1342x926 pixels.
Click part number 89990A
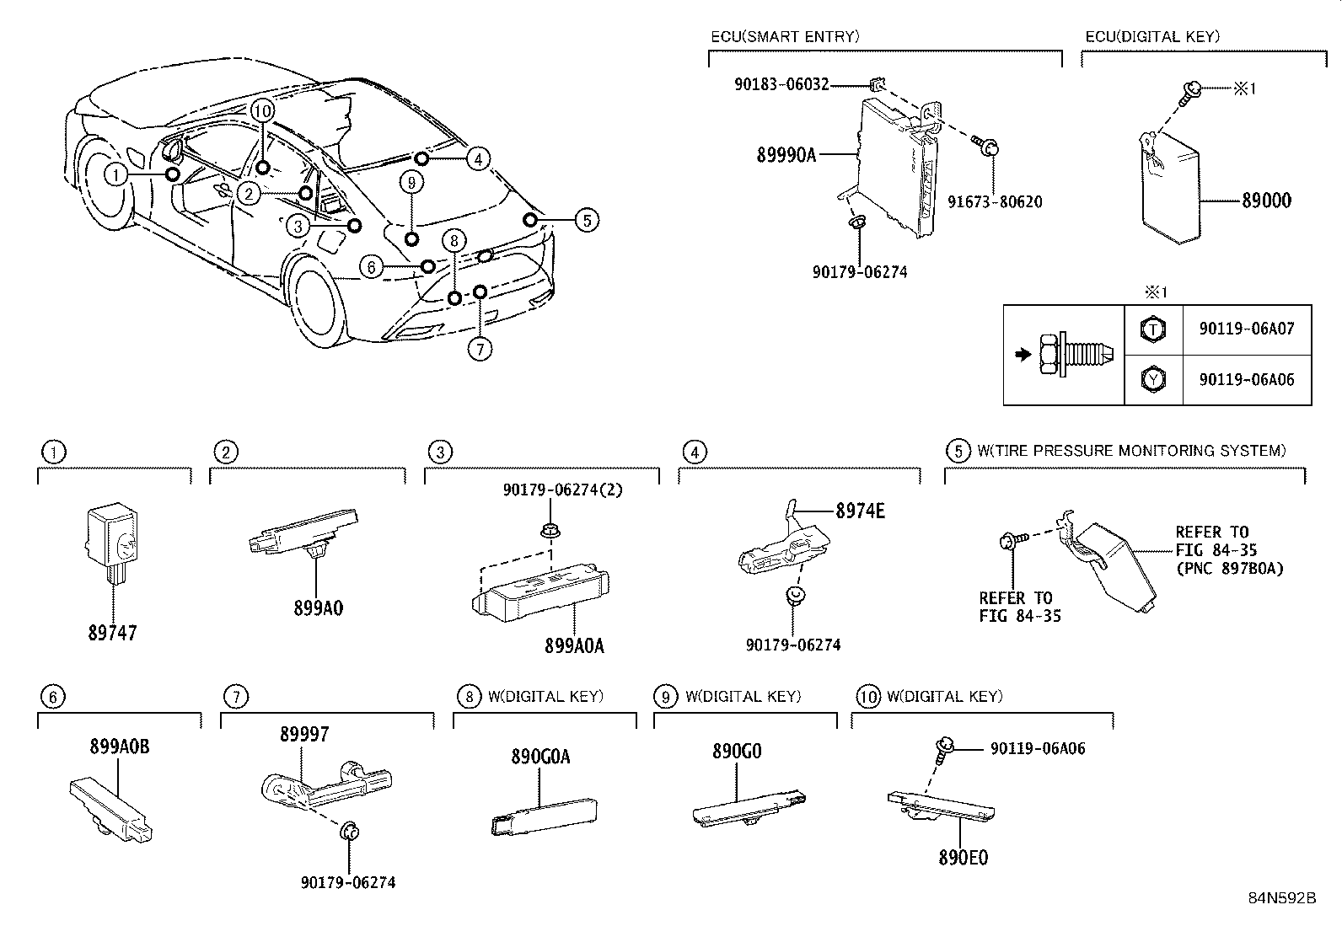pyautogui.click(x=786, y=155)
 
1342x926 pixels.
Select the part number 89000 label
pyautogui.click(x=1265, y=201)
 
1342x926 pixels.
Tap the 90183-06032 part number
pyautogui.click(x=781, y=84)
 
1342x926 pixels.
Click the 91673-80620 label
pyautogui.click(x=994, y=202)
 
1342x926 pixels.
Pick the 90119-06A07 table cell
pyautogui.click(x=1246, y=329)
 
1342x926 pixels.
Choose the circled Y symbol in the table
pyautogui.click(x=1152, y=380)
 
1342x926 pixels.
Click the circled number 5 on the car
pyautogui.click(x=587, y=221)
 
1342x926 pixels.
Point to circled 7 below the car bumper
pyautogui.click(x=479, y=349)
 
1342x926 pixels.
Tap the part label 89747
pyautogui.click(x=112, y=633)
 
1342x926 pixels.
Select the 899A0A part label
pyautogui.click(x=574, y=646)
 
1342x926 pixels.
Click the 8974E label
pyautogui.click(x=860, y=511)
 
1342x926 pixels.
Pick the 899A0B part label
pyautogui.click(x=120, y=747)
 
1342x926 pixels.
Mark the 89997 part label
pyautogui.click(x=304, y=735)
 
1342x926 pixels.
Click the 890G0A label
pyautogui.click(x=540, y=757)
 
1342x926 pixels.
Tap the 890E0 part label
pyautogui.click(x=963, y=858)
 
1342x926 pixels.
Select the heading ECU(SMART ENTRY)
pyautogui.click(x=784, y=36)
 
